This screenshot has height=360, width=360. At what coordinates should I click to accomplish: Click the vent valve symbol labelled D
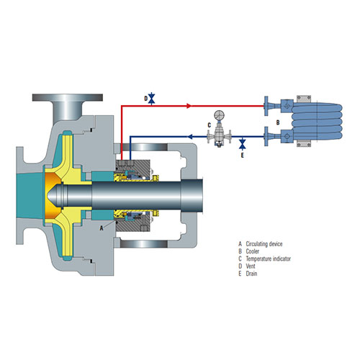152,99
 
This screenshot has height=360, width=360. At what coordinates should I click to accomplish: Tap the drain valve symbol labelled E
243,143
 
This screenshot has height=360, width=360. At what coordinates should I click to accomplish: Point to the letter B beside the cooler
278,122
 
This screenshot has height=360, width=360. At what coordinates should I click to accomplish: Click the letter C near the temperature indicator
210,125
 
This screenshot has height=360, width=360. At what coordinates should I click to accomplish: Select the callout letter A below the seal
102,228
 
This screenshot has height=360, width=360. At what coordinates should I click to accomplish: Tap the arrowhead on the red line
189,106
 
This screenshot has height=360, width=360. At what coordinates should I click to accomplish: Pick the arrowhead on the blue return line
190,137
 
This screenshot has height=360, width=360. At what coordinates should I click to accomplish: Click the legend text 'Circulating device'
264,244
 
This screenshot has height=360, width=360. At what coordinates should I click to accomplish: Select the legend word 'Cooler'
253,251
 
